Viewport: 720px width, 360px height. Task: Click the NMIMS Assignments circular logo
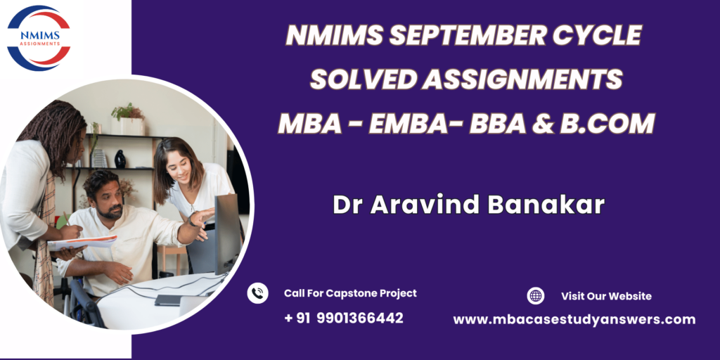click(39, 38)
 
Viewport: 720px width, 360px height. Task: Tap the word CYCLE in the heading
click(596, 35)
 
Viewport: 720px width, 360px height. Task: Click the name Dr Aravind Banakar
click(468, 205)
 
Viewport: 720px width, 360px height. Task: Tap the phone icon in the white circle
click(257, 293)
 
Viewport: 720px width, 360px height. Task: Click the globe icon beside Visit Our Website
click(535, 296)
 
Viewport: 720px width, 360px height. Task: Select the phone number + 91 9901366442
click(343, 318)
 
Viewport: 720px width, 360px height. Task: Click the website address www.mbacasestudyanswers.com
click(574, 320)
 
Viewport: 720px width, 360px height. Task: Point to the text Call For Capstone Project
click(350, 293)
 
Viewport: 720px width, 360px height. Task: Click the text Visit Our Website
click(606, 296)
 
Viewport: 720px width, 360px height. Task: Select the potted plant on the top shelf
click(129, 119)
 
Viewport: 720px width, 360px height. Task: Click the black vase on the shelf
click(120, 159)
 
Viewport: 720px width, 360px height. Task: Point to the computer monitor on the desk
click(227, 234)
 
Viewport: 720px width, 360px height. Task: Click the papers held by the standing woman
click(82, 243)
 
